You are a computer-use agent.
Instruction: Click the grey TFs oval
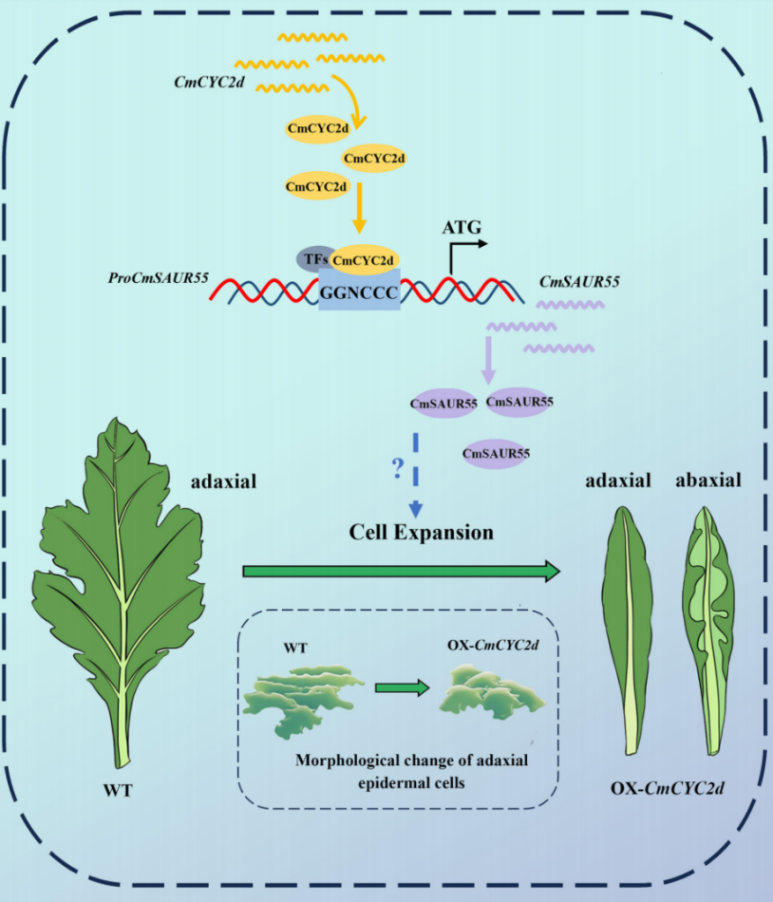pos(311,258)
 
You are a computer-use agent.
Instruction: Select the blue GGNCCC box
pos(358,291)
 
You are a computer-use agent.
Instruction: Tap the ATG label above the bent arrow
pos(462,228)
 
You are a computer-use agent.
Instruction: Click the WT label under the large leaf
pos(117,789)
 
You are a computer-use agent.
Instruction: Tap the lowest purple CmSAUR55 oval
pos(495,455)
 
